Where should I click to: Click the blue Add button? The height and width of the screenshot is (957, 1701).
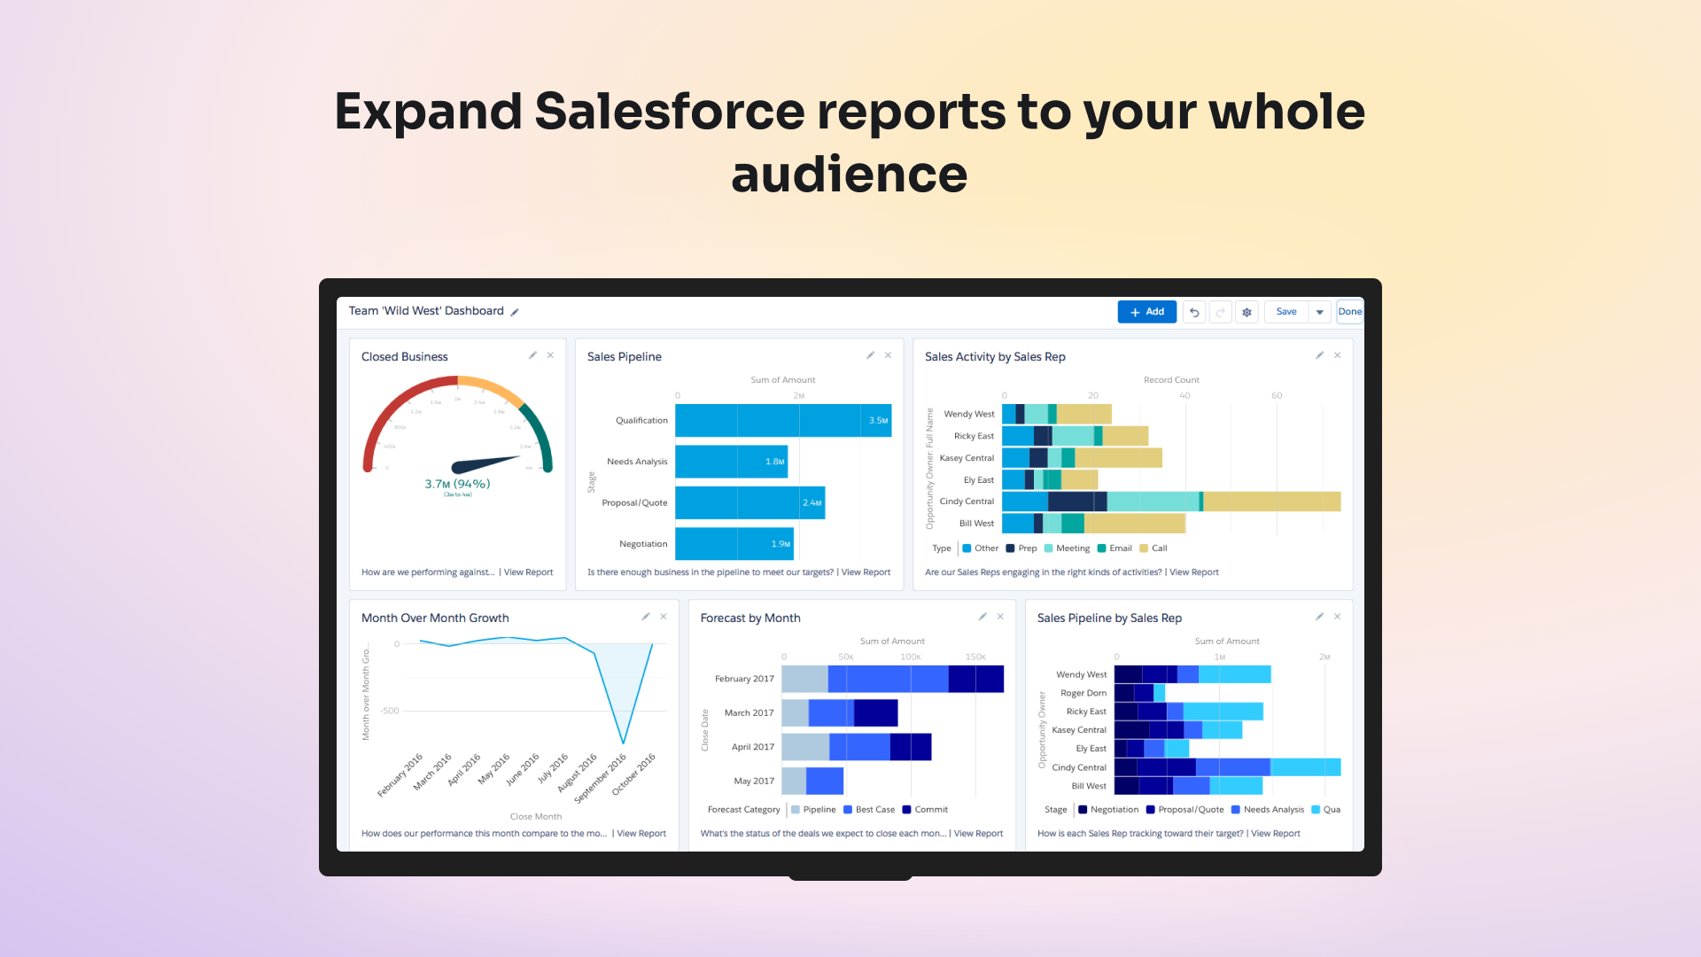coord(1146,312)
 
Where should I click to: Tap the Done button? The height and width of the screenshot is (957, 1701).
coord(1349,312)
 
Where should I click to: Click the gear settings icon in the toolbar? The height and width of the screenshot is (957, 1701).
coord(1247,313)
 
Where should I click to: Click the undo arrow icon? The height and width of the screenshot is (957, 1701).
coord(1194,313)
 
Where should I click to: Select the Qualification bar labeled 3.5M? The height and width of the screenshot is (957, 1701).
coord(783,421)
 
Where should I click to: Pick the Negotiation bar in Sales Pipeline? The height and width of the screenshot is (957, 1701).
coord(734,544)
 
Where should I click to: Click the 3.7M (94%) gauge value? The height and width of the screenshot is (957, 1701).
coord(457,484)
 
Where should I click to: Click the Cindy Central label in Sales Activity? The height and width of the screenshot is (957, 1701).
coord(967,502)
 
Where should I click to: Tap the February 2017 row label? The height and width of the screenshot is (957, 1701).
coord(744,680)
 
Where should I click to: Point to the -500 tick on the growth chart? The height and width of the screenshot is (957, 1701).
coord(390,711)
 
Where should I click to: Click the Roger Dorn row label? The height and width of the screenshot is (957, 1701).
coord(1083,694)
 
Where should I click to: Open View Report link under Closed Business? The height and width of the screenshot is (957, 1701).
coord(528,572)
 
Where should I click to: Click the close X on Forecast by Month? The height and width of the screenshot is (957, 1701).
coord(1000,617)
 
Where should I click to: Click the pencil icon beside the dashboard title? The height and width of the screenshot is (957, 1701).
coord(515,312)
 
